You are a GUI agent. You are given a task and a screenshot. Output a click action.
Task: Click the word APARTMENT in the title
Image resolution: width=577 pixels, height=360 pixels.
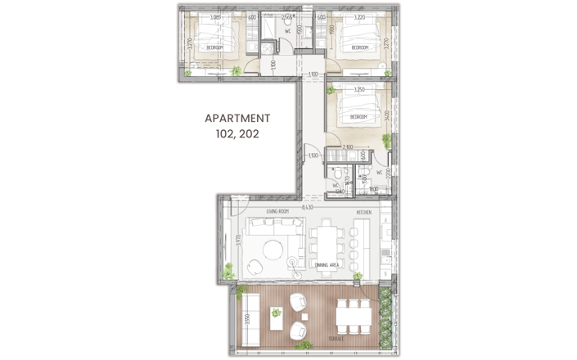pyautogui.click(x=237, y=118)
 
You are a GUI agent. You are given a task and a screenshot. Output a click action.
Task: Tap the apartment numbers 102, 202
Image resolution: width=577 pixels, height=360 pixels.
pyautogui.click(x=237, y=134)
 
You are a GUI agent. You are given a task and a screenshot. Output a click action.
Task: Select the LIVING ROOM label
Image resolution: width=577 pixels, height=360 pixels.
pyautogui.click(x=277, y=213)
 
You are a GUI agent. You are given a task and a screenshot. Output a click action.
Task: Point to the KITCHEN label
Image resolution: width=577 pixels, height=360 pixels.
pyautogui.click(x=364, y=213)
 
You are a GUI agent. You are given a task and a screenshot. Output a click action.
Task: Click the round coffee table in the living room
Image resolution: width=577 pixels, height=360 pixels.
pyautogui.click(x=255, y=265)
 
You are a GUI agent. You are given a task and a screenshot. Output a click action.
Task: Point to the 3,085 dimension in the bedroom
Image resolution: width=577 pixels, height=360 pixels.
pyautogui.click(x=215, y=17)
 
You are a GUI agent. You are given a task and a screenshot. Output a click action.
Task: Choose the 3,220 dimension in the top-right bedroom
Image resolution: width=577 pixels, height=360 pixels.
pyautogui.click(x=358, y=17)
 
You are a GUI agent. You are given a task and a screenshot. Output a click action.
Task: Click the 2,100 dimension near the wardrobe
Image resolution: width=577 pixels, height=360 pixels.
pyautogui.click(x=347, y=147)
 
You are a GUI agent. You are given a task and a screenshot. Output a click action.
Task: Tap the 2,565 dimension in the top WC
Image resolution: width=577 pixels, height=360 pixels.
pyautogui.click(x=287, y=17)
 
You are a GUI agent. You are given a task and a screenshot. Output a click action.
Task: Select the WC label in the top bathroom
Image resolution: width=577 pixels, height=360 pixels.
pyautogui.click(x=288, y=32)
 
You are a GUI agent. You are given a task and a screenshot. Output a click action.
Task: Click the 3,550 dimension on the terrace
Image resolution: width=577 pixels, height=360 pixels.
pyautogui.click(x=243, y=320)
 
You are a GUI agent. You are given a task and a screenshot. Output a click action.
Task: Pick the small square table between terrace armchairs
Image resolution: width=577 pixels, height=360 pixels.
pyautogui.click(x=277, y=311)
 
